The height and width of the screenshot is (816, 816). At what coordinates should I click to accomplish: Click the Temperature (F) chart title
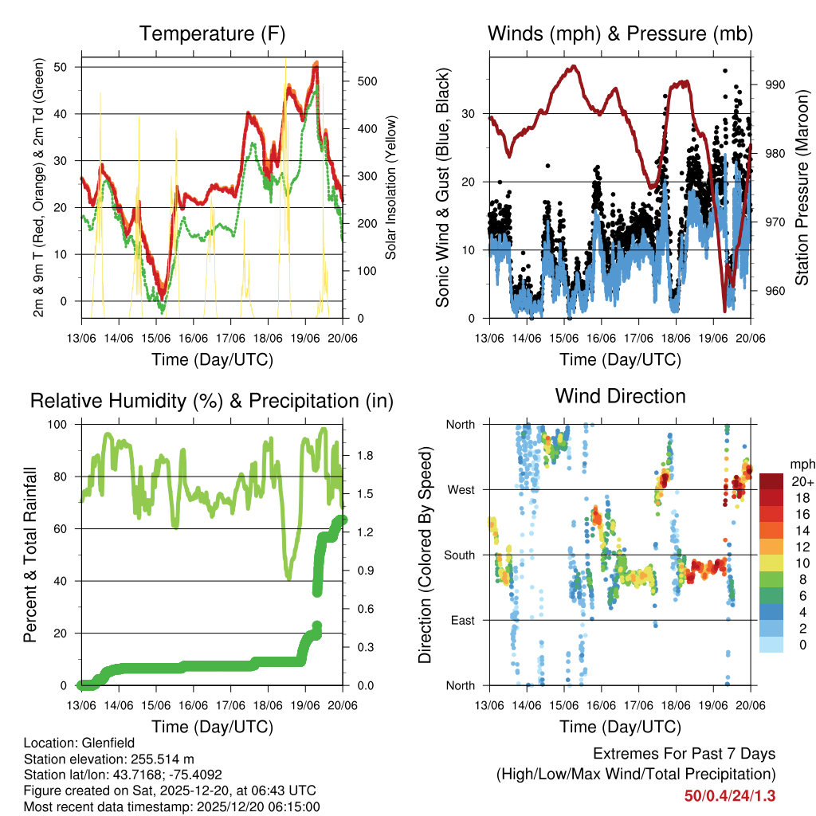212,34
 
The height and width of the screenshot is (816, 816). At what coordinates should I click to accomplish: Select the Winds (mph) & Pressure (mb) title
621,34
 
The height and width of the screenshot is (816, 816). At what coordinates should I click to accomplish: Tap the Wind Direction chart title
621,396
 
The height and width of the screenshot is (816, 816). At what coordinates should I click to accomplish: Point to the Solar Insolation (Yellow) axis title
391,187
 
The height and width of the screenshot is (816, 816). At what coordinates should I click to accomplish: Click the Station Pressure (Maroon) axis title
802,187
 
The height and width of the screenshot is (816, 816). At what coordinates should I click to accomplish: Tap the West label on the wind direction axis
461,489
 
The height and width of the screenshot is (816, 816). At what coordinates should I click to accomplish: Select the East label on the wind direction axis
462,620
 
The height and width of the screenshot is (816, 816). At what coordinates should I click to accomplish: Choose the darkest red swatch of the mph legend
771,481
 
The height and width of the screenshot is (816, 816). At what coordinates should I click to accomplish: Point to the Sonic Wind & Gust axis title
442,187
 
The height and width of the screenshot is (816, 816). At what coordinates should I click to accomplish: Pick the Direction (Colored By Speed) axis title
425,555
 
